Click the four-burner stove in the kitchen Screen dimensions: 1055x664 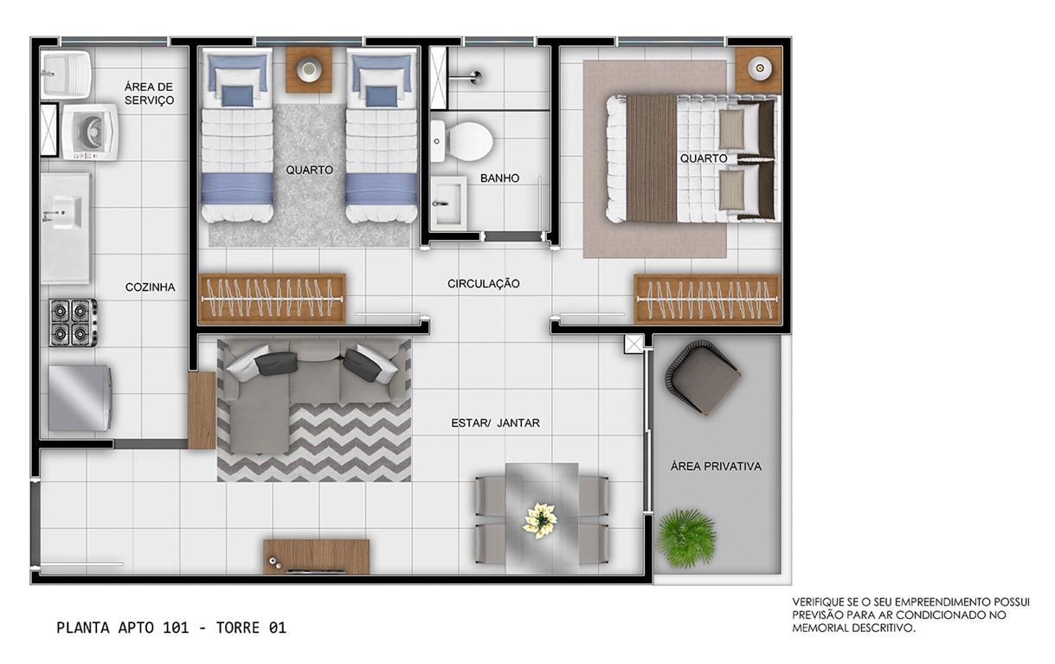[74, 323]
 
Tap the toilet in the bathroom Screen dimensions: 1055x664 [461, 141]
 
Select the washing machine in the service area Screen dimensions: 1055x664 [89, 132]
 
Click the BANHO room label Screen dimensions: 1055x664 [499, 178]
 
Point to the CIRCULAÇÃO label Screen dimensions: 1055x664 [483, 284]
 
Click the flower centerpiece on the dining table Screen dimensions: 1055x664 [540, 520]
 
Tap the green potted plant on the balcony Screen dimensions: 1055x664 [686, 538]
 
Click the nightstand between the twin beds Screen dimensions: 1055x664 [309, 70]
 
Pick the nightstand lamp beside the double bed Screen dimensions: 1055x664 [760, 68]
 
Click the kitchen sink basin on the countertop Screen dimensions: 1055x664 [64, 213]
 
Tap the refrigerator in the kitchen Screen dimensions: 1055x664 [80, 398]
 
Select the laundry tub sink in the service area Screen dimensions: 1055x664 [66, 74]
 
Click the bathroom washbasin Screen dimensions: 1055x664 [449, 203]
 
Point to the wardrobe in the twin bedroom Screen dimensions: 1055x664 [273, 299]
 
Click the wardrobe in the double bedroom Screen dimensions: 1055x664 [707, 300]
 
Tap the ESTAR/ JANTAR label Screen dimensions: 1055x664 [495, 423]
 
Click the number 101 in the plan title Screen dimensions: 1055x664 [176, 628]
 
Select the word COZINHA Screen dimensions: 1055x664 [150, 287]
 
